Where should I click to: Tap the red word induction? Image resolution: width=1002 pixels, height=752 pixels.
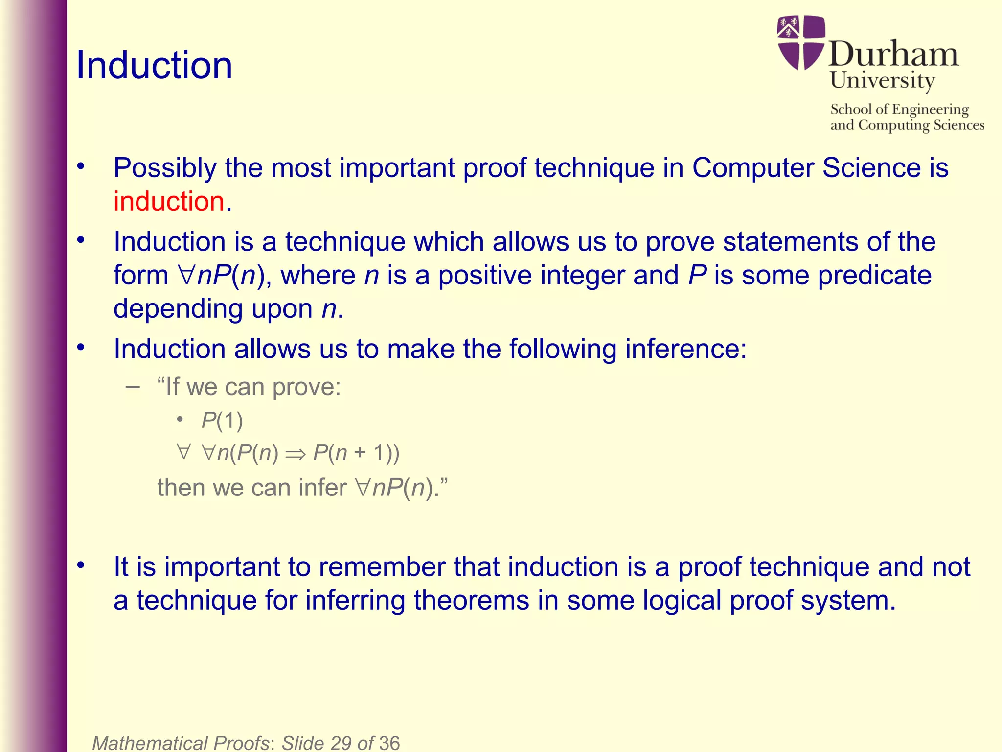(169, 201)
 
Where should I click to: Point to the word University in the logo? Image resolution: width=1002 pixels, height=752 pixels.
(882, 80)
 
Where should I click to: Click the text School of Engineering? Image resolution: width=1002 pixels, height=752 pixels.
(899, 109)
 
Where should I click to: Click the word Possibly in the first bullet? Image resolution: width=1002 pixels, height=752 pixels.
(165, 168)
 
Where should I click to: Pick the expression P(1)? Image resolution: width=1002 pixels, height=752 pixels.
(222, 421)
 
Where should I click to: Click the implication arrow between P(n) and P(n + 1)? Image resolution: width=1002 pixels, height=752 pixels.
(296, 454)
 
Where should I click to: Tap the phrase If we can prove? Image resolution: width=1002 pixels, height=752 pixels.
(249, 387)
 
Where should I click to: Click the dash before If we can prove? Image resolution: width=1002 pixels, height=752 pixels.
(132, 387)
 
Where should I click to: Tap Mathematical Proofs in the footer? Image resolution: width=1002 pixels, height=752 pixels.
(180, 743)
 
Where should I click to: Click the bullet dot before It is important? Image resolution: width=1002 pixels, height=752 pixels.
(81, 566)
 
